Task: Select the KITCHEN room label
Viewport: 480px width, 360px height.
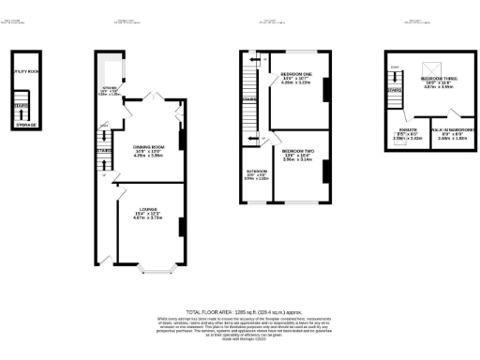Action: point(109,88)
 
